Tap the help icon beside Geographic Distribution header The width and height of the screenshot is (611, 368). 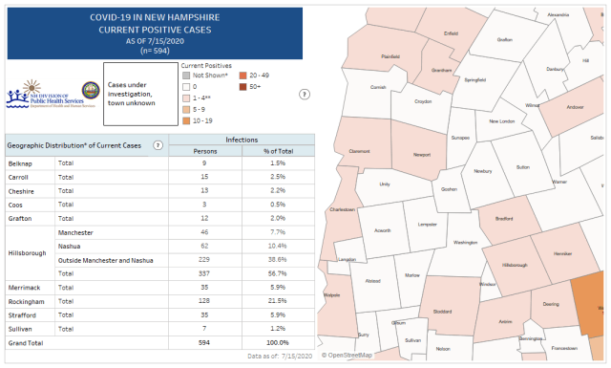157,144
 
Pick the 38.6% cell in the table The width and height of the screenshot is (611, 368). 278,259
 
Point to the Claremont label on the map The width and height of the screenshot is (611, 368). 359,150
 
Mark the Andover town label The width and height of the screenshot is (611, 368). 575,107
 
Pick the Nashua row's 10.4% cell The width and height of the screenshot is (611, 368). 278,246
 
